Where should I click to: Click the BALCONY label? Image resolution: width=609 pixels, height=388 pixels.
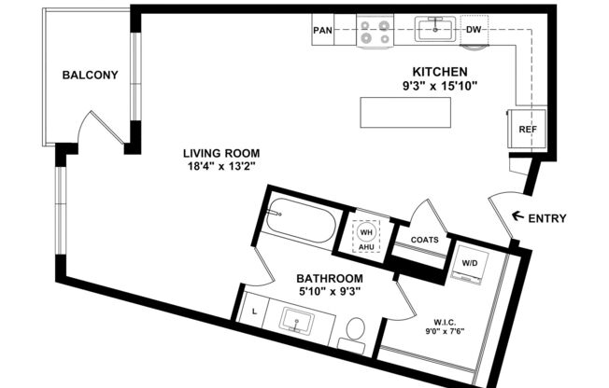coord(90,76)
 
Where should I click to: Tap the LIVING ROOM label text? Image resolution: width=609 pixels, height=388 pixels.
coord(220,153)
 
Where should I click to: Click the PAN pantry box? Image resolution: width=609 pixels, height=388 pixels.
coord(323,30)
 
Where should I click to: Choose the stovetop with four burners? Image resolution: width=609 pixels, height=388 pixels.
coord(375,33)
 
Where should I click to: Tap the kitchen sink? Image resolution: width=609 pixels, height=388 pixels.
coord(434,30)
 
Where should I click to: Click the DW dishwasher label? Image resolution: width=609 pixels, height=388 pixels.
coord(474,30)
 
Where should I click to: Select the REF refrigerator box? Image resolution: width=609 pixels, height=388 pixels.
coord(528,130)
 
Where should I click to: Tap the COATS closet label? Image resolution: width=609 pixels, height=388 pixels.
coord(425,239)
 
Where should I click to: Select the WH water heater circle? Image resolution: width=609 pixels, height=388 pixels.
coord(366,232)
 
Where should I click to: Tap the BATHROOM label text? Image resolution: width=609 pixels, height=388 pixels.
coord(329,278)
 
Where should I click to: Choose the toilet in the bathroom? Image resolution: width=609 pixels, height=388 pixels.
coord(354,333)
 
